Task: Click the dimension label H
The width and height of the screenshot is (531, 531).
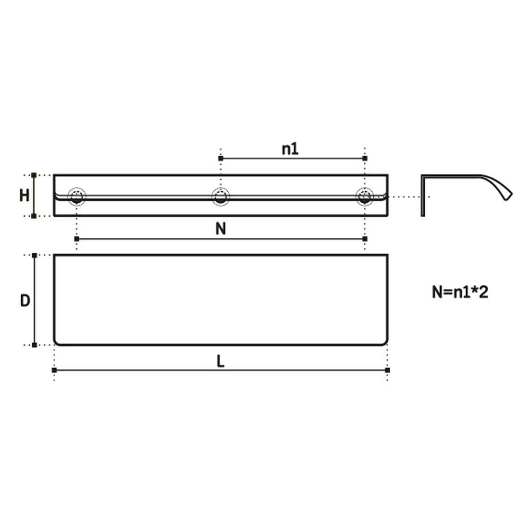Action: point(24,196)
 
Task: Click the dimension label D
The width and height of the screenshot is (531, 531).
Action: point(25,301)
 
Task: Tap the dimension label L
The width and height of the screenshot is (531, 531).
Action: point(220,361)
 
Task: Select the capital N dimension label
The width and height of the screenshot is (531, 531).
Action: point(221,229)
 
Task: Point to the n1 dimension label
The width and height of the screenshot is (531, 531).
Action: point(290,149)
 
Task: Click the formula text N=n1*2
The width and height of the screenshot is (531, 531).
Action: point(460,292)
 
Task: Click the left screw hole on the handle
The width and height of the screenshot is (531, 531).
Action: point(77,196)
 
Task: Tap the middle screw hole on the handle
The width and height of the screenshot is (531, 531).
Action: point(221,196)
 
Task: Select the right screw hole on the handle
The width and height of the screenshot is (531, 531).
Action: point(365,196)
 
